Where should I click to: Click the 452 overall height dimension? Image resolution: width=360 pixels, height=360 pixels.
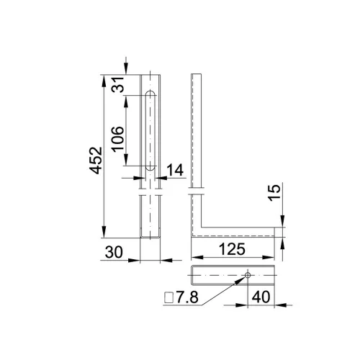(x=96, y=161)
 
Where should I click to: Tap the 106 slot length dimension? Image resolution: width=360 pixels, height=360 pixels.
(x=117, y=139)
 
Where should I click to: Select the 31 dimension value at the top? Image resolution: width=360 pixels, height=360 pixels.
(x=117, y=84)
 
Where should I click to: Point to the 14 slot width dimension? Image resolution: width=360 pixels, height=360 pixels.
(x=175, y=170)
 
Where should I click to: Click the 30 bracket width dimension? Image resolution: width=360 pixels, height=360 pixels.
(x=114, y=252)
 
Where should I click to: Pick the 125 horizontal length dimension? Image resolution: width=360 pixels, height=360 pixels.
(x=232, y=249)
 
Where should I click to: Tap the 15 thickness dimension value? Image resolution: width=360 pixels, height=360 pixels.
(x=274, y=192)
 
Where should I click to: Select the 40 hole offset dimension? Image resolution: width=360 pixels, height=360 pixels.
(x=261, y=297)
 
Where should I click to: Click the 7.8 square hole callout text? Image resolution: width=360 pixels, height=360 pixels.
(x=187, y=297)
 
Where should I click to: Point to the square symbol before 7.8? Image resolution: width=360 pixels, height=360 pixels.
(x=168, y=297)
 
